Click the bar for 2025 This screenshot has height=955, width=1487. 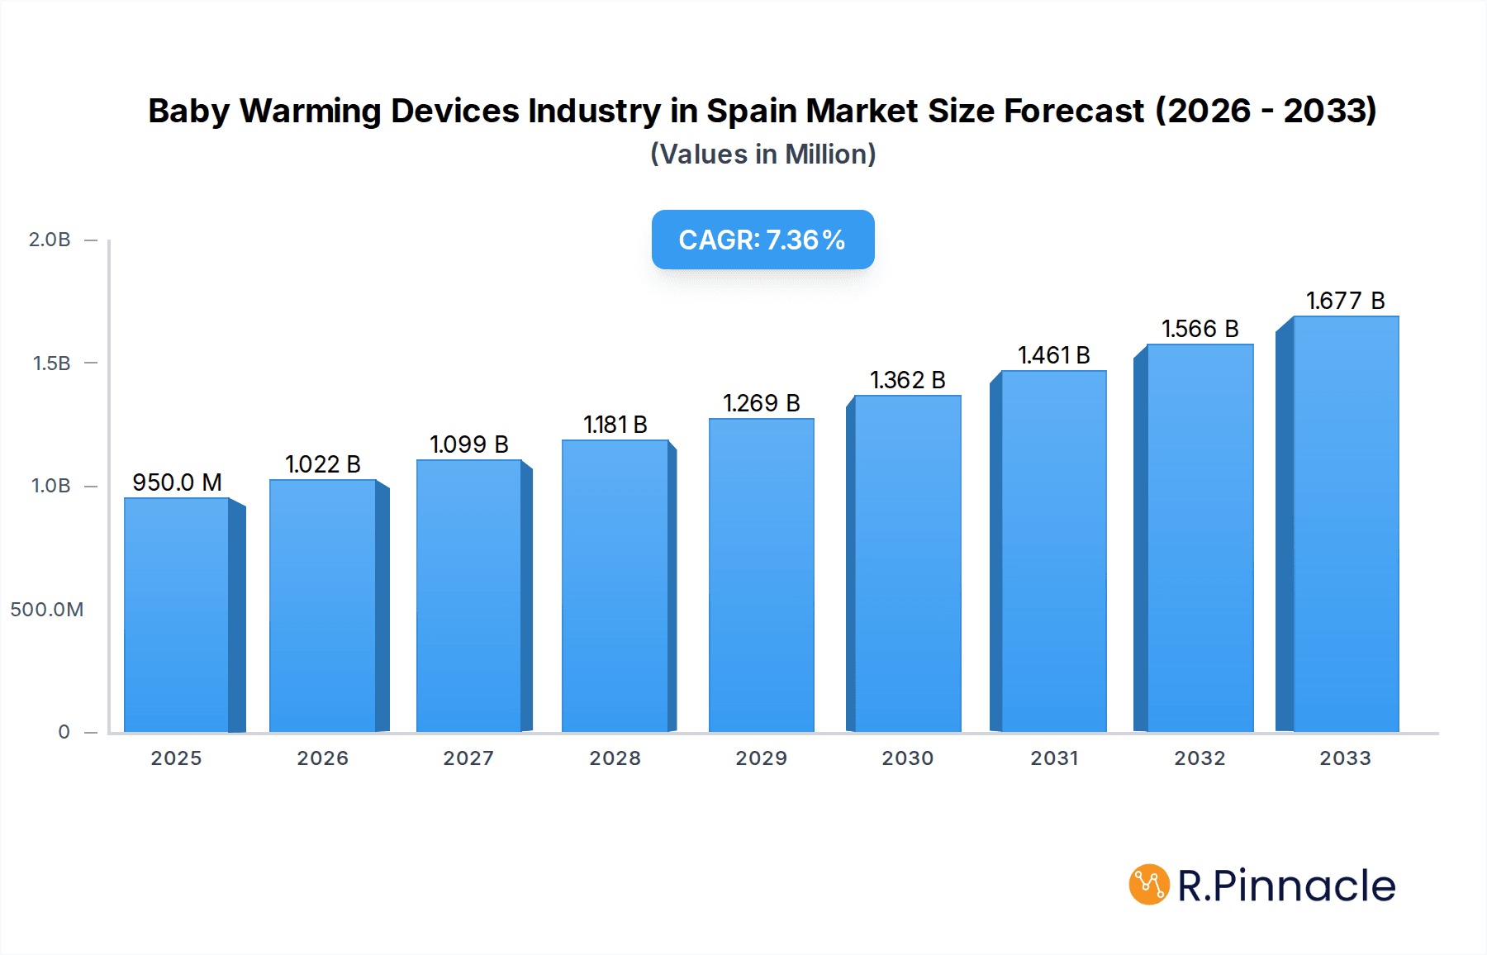coord(177,615)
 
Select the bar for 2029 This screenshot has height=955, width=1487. coord(761,576)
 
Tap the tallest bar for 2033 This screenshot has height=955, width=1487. coord(1346,525)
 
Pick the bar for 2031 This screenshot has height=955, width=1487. coord(1053,552)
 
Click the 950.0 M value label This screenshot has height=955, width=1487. coord(177,482)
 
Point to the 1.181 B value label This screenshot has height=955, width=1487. coord(615,425)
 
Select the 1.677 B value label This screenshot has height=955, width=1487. coord(1345,301)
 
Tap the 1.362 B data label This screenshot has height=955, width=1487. coord(907,380)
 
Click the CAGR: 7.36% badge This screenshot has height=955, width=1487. coord(763,240)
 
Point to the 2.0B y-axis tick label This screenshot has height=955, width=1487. coord(50,240)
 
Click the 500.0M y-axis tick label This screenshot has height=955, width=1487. coord(47,610)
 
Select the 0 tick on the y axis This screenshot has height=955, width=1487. coord(64,732)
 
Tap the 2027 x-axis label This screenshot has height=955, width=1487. coord(468,758)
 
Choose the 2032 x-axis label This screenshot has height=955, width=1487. coord(1200,758)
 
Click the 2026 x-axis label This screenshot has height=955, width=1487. coord(322,758)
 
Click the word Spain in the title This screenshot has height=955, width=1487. coord(753,111)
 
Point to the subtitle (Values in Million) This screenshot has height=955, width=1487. coord(763,154)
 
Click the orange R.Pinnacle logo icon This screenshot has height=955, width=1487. coord(1149,885)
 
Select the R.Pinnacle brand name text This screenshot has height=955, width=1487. coord(1286,886)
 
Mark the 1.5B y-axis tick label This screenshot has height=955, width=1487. coord(51,363)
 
